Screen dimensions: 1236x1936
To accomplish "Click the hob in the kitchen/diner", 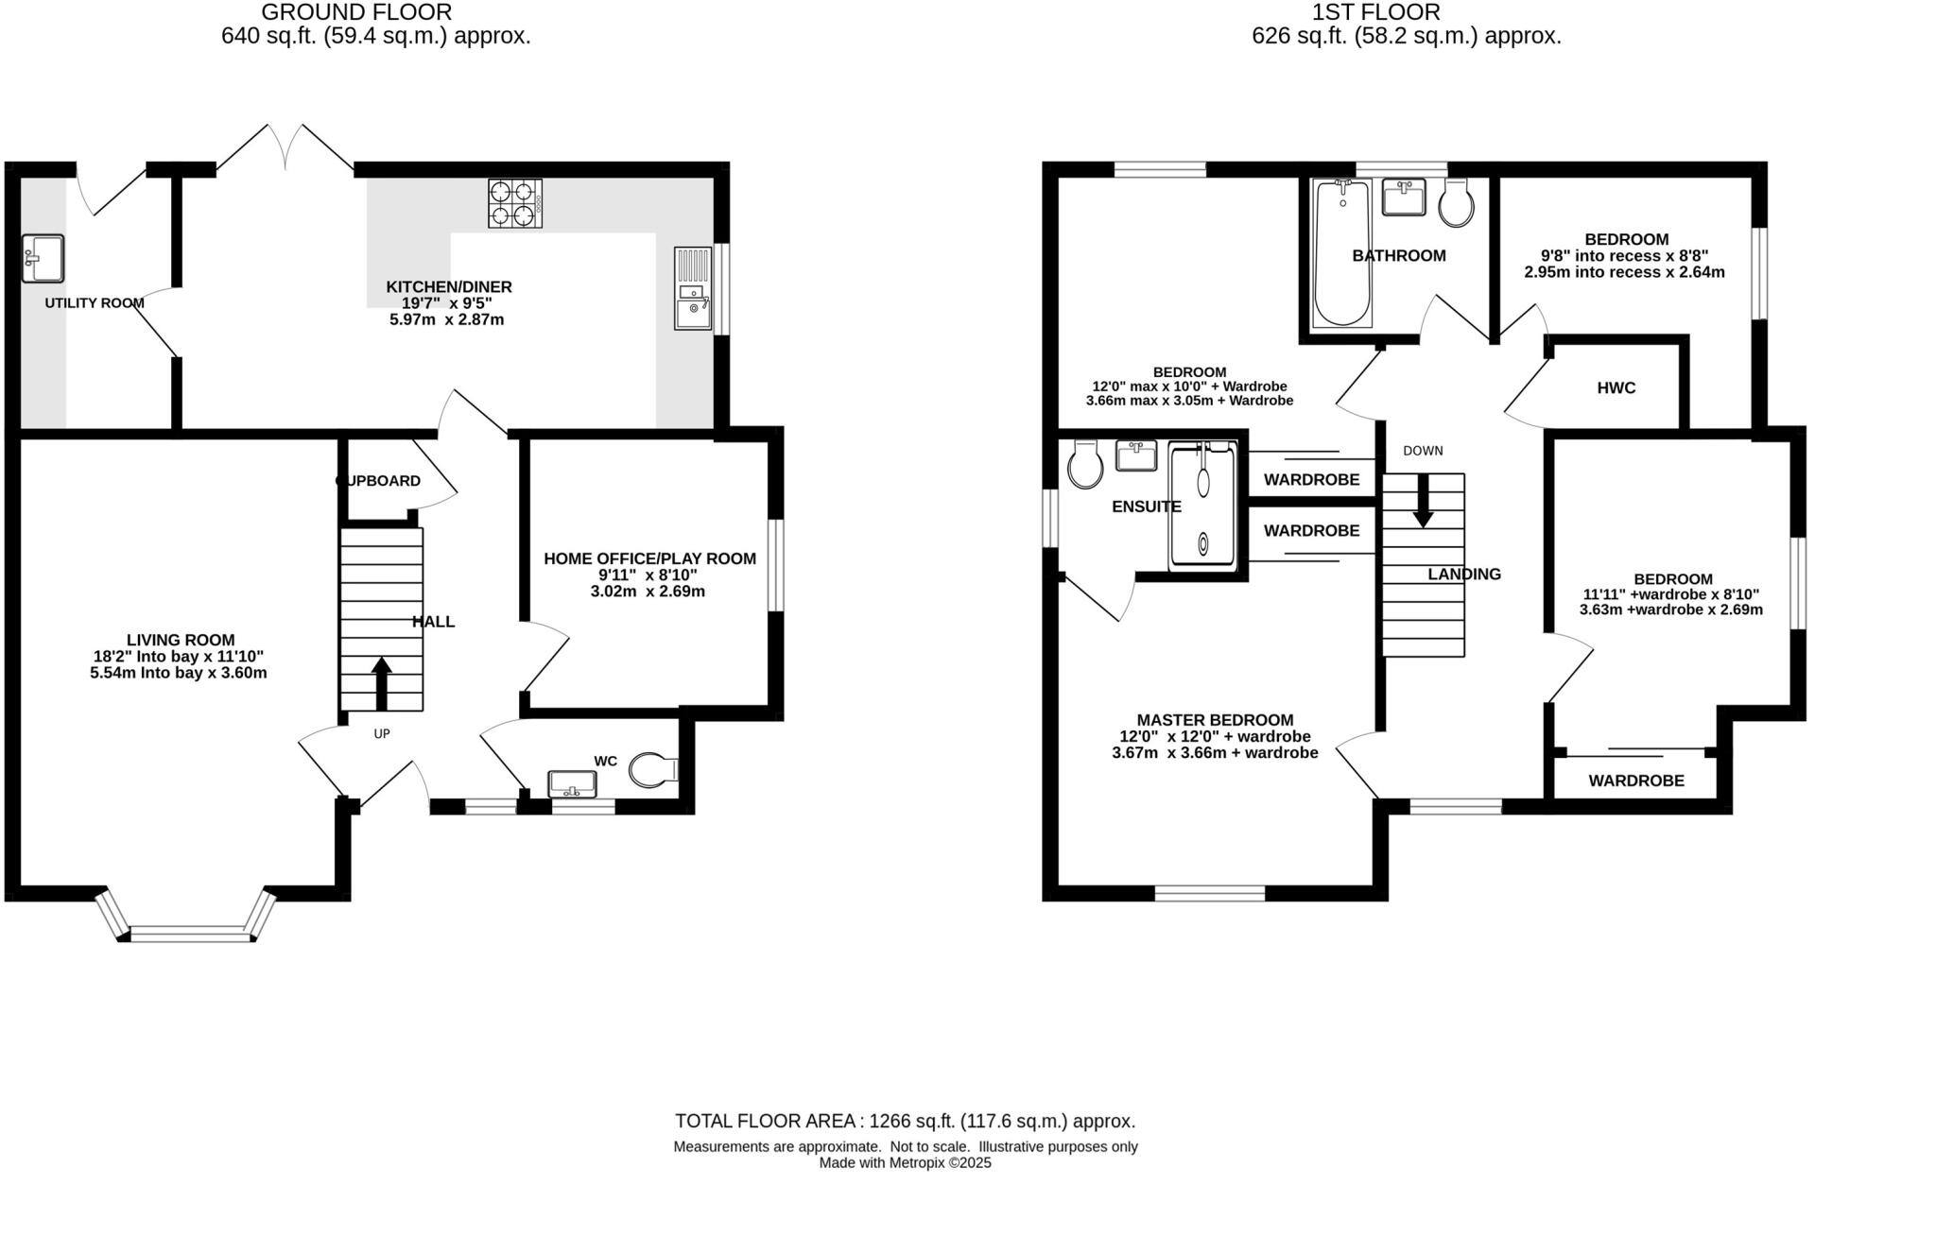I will click(515, 203).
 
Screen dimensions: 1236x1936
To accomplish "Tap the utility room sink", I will click(43, 258).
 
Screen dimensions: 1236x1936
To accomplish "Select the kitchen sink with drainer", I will click(693, 288).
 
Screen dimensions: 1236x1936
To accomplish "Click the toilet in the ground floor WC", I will click(653, 770).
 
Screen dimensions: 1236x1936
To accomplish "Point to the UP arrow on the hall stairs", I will click(381, 682).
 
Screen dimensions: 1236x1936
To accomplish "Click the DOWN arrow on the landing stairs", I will click(1423, 501).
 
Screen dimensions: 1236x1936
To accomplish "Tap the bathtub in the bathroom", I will click(1341, 252).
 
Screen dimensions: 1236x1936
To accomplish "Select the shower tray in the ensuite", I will click(1202, 506).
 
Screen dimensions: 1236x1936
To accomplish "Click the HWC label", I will click(1616, 387).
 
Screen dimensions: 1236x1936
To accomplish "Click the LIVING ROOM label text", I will click(181, 640).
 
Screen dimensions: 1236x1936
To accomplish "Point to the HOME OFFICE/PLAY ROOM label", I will click(649, 558).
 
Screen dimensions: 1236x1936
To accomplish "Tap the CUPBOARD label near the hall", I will click(379, 481).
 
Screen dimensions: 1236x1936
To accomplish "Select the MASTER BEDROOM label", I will click(1215, 719).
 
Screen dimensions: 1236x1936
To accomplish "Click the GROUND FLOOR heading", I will click(356, 12).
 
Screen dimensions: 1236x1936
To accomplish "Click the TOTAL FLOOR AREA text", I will click(905, 1121).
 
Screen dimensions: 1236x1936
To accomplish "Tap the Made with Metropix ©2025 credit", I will click(905, 1163).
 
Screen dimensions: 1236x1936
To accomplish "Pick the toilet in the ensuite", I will click(1084, 466).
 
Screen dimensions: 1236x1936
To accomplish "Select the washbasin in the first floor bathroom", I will click(1403, 198).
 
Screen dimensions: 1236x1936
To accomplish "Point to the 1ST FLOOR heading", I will click(1375, 12).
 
